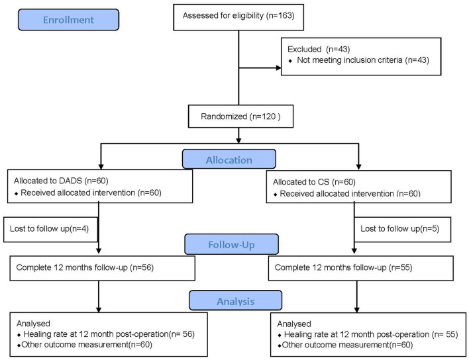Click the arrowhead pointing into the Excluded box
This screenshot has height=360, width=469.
pyautogui.click(x=277, y=66)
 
